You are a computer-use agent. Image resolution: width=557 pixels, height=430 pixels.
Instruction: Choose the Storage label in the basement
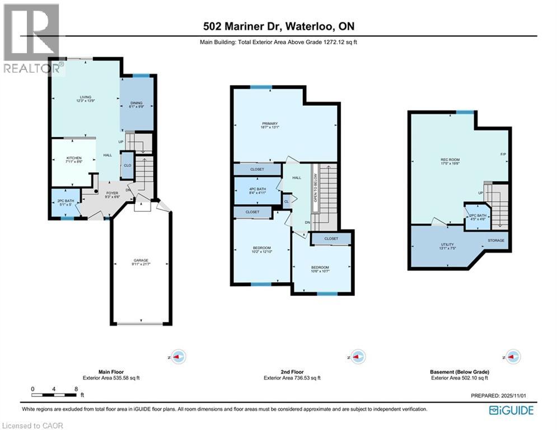496,241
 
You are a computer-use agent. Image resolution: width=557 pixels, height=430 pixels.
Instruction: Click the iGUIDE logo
511,411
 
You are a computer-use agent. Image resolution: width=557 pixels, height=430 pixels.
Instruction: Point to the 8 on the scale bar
76,388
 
